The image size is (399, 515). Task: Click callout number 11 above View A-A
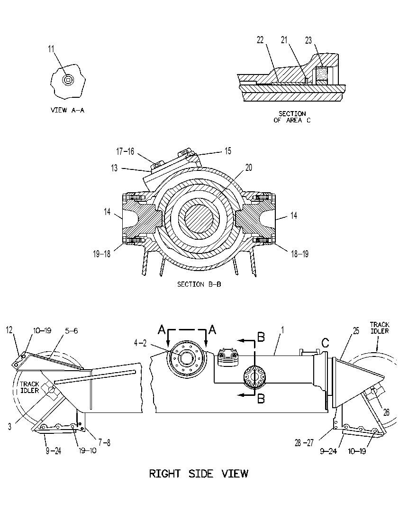tap(51, 49)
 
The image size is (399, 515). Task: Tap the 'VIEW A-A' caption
tap(67, 110)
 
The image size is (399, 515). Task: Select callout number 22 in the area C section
tap(260, 40)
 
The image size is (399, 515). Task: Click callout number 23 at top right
tap(308, 40)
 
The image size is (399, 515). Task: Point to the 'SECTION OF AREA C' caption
tap(292, 117)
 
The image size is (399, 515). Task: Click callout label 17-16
tap(125, 151)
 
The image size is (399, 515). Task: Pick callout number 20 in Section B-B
tap(249, 168)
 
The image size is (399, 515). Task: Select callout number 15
tap(228, 151)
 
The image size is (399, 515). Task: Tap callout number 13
tap(114, 168)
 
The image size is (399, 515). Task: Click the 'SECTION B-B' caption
tap(199, 284)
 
